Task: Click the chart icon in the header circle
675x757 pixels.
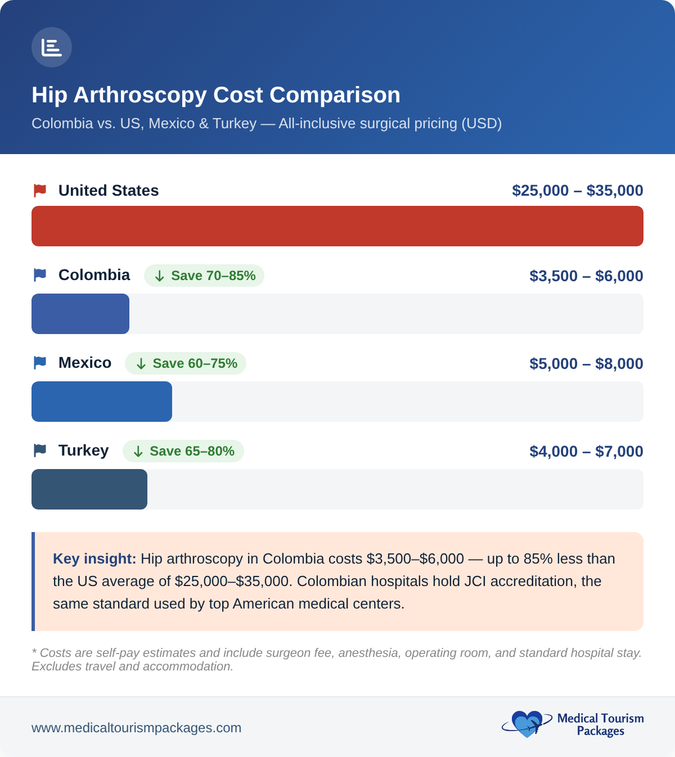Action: [51, 48]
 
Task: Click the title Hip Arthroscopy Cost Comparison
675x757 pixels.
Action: [216, 95]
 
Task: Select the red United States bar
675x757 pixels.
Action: [337, 226]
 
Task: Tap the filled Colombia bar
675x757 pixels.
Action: [80, 314]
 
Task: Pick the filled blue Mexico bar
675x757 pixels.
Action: [102, 402]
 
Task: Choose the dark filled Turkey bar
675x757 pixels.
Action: [89, 489]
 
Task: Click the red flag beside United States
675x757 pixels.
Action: [40, 191]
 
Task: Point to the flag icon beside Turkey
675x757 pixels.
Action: [40, 450]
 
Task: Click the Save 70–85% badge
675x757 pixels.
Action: [204, 276]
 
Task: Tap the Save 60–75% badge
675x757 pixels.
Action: [186, 363]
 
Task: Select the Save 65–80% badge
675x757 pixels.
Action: [183, 451]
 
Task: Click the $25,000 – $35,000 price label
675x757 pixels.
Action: [577, 191]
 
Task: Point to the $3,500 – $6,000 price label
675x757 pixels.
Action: [586, 276]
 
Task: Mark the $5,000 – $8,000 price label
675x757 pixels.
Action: [586, 364]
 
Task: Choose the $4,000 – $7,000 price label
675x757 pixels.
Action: [586, 452]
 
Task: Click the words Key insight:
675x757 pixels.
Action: [94, 558]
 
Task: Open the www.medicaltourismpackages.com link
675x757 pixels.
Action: [136, 728]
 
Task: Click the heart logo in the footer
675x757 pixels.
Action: [526, 724]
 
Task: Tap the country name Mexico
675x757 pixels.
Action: [85, 363]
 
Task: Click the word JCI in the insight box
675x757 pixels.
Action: [475, 581]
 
